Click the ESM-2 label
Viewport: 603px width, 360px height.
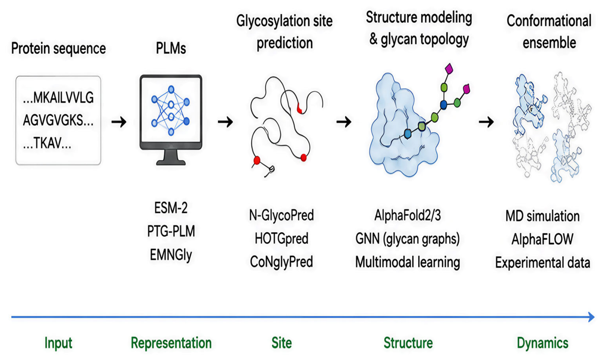click(171, 208)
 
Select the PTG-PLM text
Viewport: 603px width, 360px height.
click(171, 231)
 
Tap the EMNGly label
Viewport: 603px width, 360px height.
click(171, 255)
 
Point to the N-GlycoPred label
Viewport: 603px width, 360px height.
click(281, 215)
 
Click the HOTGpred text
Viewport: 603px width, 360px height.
click(281, 239)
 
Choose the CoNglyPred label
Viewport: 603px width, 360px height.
click(281, 262)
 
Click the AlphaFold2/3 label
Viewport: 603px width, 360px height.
click(407, 215)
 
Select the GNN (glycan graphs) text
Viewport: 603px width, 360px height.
click(407, 239)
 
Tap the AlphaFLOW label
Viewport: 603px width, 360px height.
click(542, 239)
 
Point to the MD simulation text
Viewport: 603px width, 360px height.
click(542, 216)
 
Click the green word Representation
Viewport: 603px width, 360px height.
click(171, 343)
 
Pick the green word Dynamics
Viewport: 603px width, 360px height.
click(542, 343)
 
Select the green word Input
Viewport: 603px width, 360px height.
click(58, 343)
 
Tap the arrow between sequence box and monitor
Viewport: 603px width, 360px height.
click(119, 122)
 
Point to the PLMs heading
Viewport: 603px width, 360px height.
click(171, 48)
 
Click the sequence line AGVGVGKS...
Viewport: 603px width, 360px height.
click(58, 120)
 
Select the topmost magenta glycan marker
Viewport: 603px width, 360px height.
click(449, 69)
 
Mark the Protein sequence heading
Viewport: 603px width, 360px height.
click(58, 48)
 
